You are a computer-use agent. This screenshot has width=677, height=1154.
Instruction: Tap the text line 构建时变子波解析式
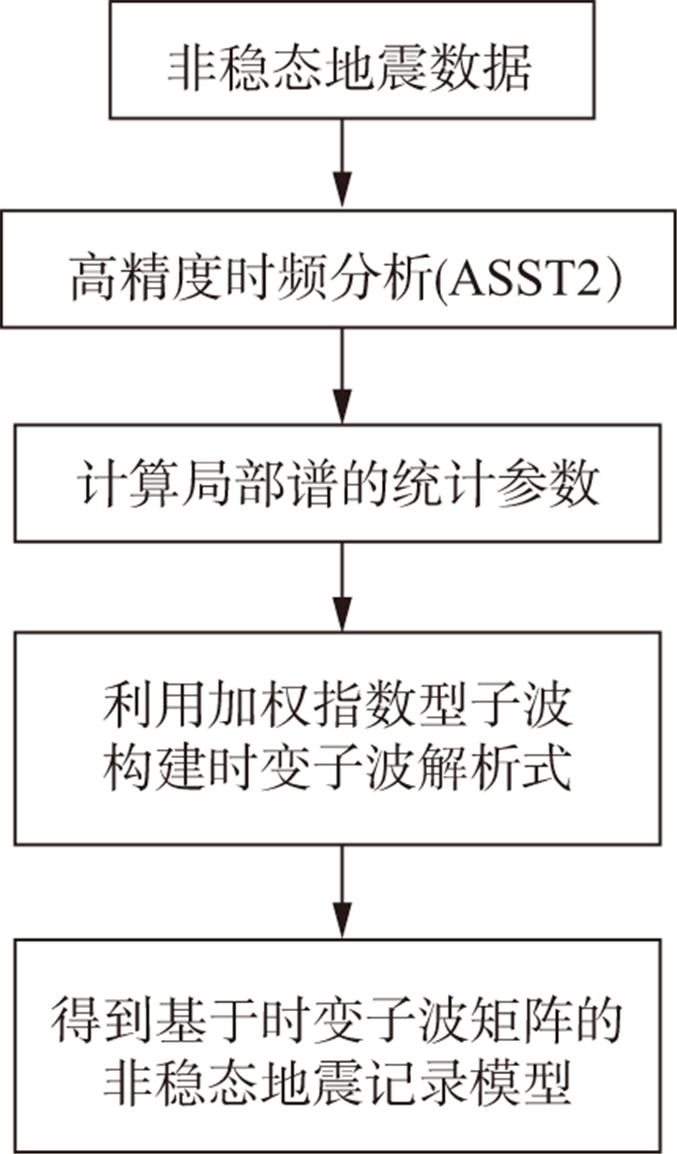point(338,772)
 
